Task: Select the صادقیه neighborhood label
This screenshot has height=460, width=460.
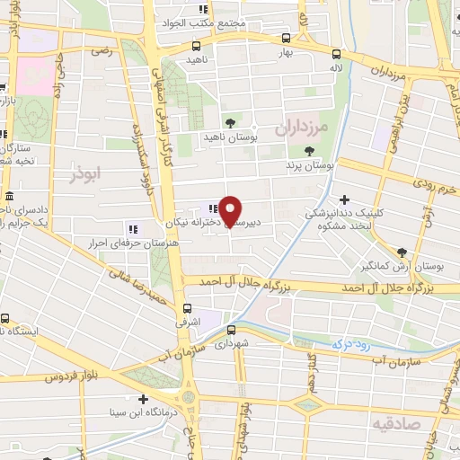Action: (398, 420)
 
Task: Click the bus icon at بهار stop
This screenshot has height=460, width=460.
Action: (286, 39)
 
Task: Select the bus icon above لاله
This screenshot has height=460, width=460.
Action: (337, 53)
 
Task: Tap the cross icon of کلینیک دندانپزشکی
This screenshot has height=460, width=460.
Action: (344, 199)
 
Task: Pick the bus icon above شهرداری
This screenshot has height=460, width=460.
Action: (231, 329)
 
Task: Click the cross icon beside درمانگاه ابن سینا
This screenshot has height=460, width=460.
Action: (142, 399)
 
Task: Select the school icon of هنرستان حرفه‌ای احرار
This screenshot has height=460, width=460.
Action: (133, 228)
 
